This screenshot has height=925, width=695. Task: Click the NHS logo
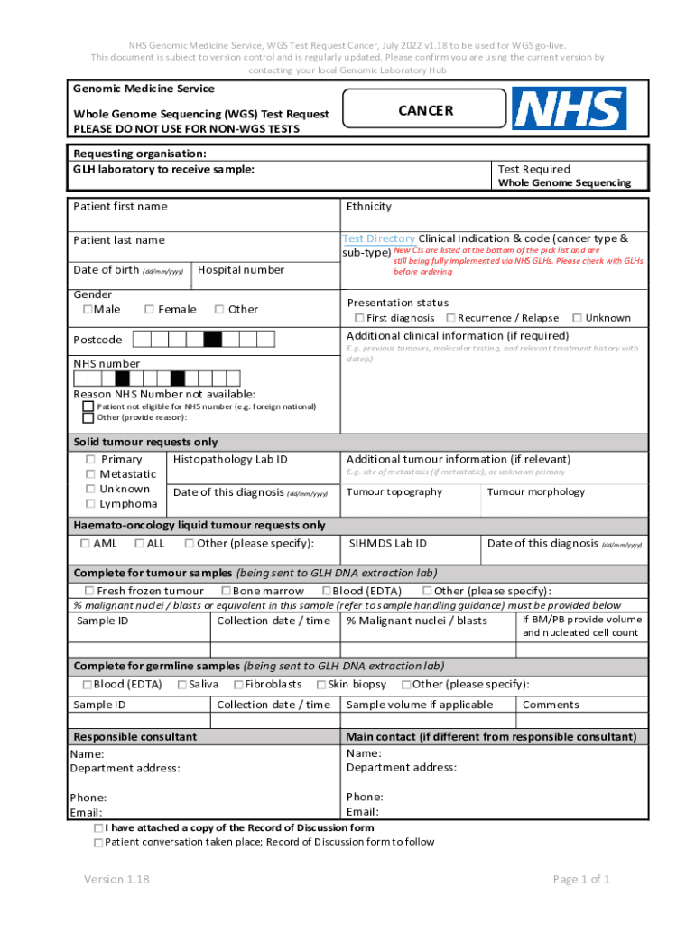click(569, 108)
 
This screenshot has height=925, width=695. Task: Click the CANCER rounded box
click(426, 110)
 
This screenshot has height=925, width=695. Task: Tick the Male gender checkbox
click(88, 310)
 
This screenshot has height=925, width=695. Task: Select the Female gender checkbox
click(149, 310)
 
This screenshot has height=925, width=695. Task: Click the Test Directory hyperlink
click(378, 239)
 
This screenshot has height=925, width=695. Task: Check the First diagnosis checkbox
click(359, 318)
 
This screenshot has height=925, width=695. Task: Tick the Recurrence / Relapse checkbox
click(450, 318)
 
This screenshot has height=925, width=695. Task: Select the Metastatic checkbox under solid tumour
click(90, 474)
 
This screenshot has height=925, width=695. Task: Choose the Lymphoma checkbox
click(90, 504)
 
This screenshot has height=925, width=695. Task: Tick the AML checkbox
click(85, 544)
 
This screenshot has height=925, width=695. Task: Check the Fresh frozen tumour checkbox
click(88, 592)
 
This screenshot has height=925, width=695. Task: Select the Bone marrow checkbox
click(225, 592)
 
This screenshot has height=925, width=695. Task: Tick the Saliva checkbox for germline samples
click(181, 685)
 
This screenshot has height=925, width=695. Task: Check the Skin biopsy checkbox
click(320, 685)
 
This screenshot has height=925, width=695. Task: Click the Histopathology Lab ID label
click(230, 460)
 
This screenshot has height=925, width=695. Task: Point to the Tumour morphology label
click(536, 492)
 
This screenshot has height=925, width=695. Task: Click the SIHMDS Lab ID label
click(388, 544)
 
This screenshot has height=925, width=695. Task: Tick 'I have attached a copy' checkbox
click(97, 828)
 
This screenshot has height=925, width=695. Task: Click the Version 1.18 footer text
click(116, 880)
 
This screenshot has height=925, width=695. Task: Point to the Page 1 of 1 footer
click(581, 880)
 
